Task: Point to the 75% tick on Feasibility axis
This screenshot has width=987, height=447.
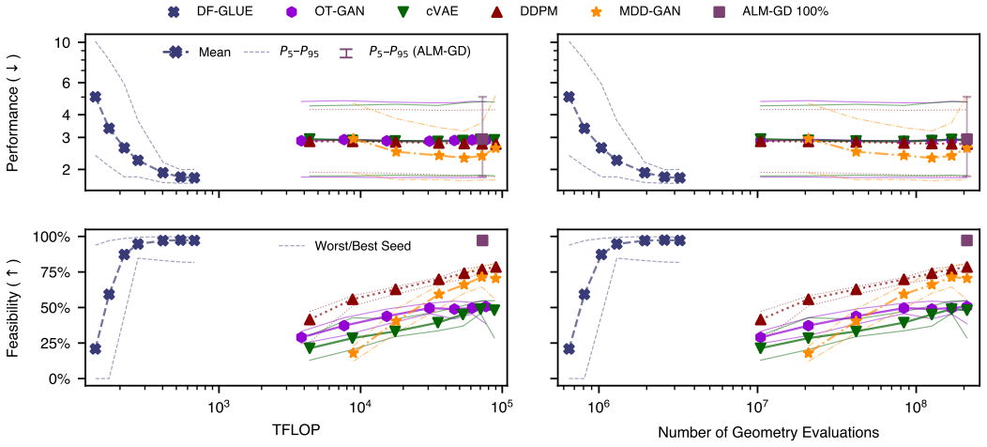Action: [60, 272]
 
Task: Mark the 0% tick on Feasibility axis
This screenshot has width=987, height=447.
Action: [66, 378]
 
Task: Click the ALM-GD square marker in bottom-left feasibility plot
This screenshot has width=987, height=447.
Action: [483, 240]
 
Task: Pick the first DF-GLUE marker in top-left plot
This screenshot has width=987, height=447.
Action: [95, 97]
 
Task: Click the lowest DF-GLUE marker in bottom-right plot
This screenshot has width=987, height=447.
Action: [569, 348]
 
